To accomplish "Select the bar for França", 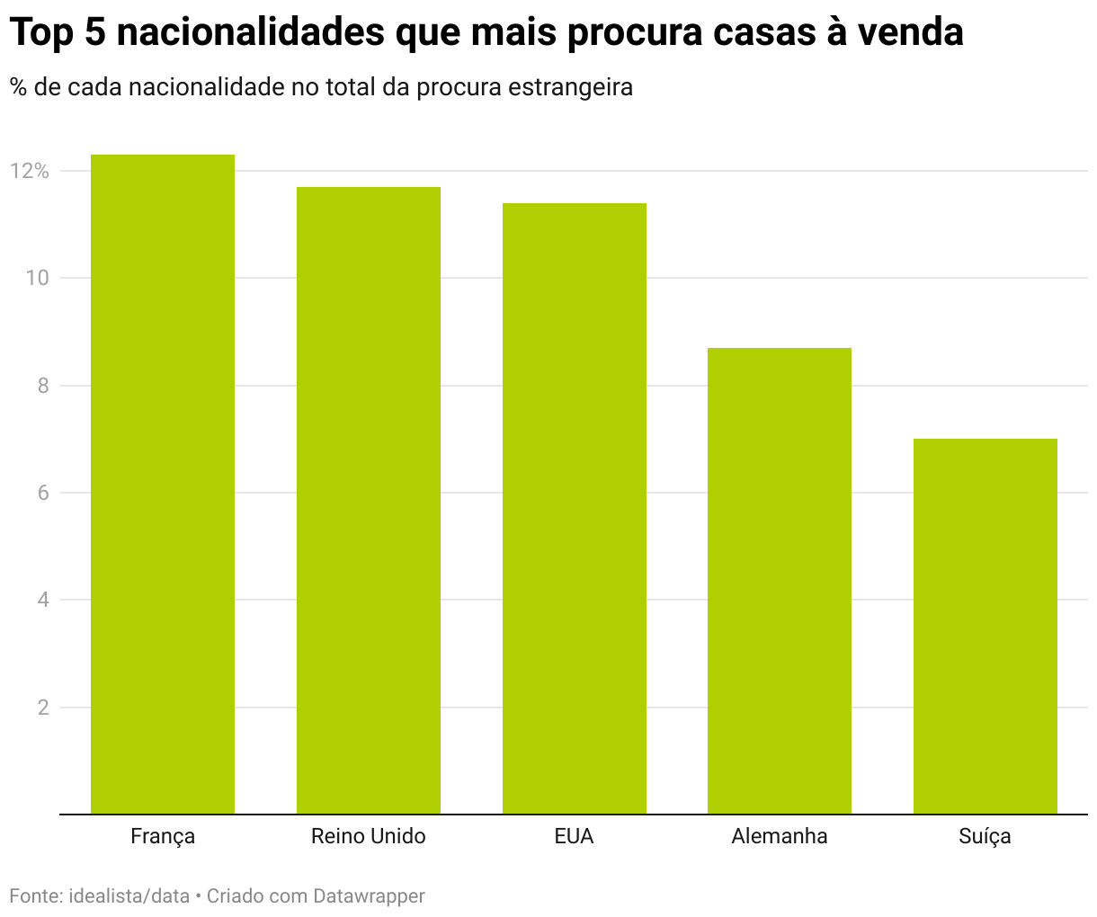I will point(163,485).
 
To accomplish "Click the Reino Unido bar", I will point(369,501).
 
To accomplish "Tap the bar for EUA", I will point(575,509).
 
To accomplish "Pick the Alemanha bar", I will point(780,581).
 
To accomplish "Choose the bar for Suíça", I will point(986,627).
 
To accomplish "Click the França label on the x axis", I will point(163,837).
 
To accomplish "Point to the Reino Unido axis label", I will point(369,836).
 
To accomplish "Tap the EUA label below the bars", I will point(575,836).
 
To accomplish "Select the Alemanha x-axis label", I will point(780,836).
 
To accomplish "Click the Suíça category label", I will point(986,837).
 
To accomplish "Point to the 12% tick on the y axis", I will point(30,171).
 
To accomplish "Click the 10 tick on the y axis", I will point(37,278).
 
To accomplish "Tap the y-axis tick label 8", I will point(42,386).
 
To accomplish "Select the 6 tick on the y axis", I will point(42,493).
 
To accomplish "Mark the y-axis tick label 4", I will point(42,600).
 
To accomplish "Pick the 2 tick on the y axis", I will point(42,708).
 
